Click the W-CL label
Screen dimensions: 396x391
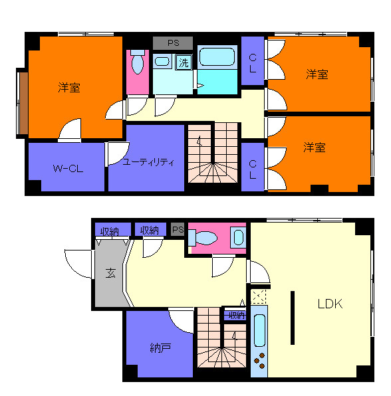click(x=67, y=169)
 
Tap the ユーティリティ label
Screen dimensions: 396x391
click(x=148, y=161)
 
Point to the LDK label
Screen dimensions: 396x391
click(x=329, y=304)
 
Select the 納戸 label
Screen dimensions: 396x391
click(x=160, y=346)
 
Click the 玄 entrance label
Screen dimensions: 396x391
click(x=110, y=272)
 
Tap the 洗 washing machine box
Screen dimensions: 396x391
click(x=183, y=64)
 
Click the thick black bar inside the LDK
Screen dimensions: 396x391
click(x=292, y=317)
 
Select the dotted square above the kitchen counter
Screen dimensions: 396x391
click(x=259, y=296)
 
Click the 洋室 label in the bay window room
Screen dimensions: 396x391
click(x=68, y=87)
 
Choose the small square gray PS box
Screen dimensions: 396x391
click(x=177, y=230)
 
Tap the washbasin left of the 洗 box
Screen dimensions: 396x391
click(x=162, y=62)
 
